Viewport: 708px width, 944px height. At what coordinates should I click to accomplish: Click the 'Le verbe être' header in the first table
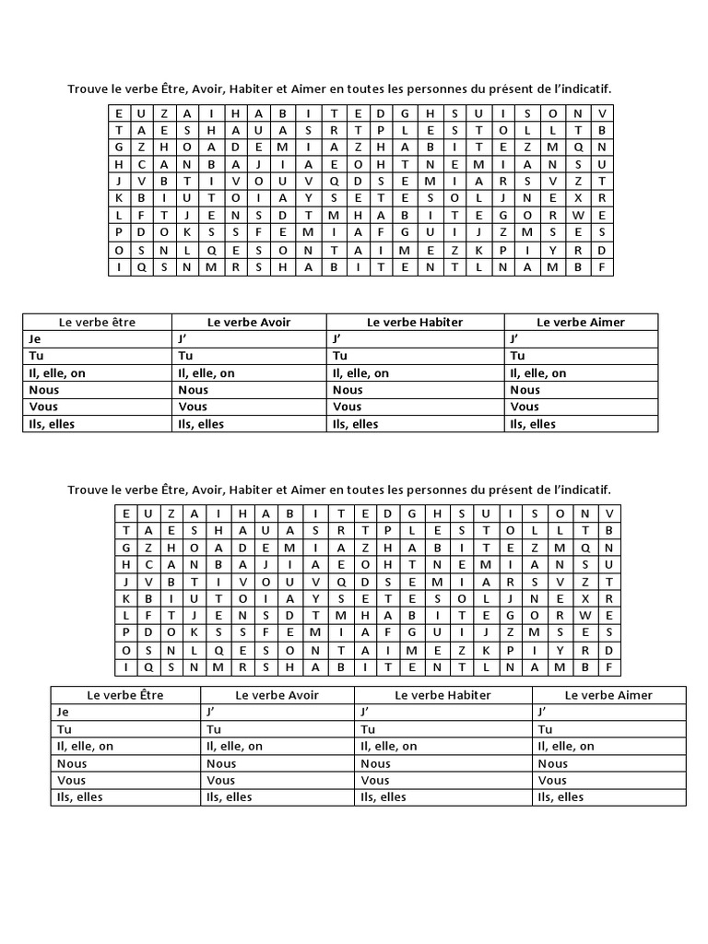pyautogui.click(x=97, y=323)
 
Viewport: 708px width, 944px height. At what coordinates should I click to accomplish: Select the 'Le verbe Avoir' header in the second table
pyautogui.click(x=277, y=695)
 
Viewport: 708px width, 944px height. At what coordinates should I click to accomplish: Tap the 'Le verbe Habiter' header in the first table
pyautogui.click(x=415, y=323)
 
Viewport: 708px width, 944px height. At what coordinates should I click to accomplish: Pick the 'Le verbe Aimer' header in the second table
pyautogui.click(x=608, y=695)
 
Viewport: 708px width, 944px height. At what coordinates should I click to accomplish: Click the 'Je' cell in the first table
pyautogui.click(x=37, y=339)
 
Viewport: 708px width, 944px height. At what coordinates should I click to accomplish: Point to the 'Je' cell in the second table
pyautogui.click(x=63, y=712)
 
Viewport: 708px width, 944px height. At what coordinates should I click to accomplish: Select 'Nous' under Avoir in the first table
pyautogui.click(x=194, y=390)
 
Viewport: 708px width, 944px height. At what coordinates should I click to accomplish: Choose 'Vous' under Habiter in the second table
pyautogui.click(x=375, y=780)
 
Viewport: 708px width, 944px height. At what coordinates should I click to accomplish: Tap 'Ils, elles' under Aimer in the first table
pyautogui.click(x=532, y=424)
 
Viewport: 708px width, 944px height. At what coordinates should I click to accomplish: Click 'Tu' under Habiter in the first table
pyautogui.click(x=340, y=356)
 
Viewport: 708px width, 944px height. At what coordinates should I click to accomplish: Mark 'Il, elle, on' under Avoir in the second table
pyautogui.click(x=234, y=746)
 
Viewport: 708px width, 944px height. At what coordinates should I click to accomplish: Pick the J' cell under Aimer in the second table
pyautogui.click(x=541, y=712)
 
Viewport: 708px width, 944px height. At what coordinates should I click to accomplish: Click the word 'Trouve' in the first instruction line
pyautogui.click(x=87, y=89)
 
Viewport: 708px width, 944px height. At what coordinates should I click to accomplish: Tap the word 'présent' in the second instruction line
pyautogui.click(x=501, y=490)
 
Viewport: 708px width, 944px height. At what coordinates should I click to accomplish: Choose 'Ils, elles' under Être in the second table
pyautogui.click(x=77, y=796)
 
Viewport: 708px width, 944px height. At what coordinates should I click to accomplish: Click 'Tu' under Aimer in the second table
pyautogui.click(x=545, y=729)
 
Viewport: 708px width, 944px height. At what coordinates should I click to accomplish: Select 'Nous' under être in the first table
pyautogui.click(x=44, y=390)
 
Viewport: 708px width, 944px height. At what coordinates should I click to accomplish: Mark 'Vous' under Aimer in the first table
pyautogui.click(x=525, y=407)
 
